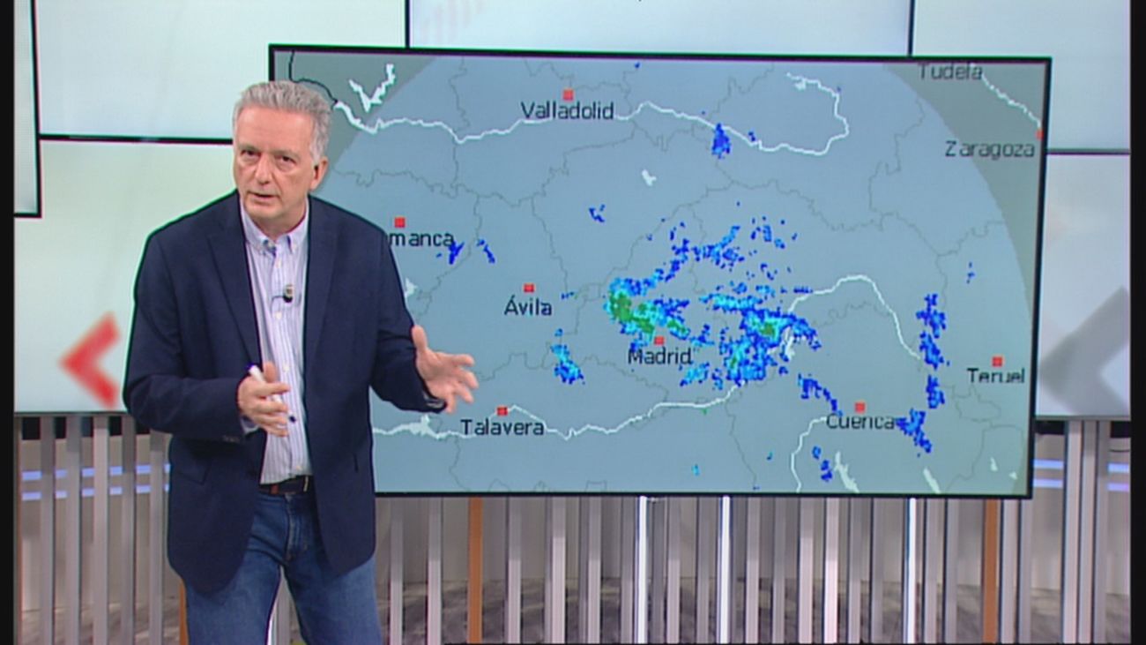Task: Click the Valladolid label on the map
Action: (x=567, y=111)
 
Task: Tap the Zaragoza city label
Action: (x=989, y=149)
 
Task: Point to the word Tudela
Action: (x=949, y=71)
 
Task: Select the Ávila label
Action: (x=528, y=307)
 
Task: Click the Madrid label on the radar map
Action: (x=659, y=356)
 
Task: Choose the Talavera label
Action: (x=502, y=428)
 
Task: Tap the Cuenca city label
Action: (x=859, y=422)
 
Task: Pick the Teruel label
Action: (x=995, y=376)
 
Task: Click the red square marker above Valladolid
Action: (x=568, y=94)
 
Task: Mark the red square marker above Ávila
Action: (x=529, y=289)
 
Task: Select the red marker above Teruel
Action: (x=997, y=361)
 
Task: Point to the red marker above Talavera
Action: (x=502, y=410)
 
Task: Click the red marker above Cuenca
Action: (x=859, y=407)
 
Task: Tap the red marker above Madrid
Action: (x=659, y=341)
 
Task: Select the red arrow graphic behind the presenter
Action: (x=93, y=360)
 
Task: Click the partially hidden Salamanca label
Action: (x=423, y=238)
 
